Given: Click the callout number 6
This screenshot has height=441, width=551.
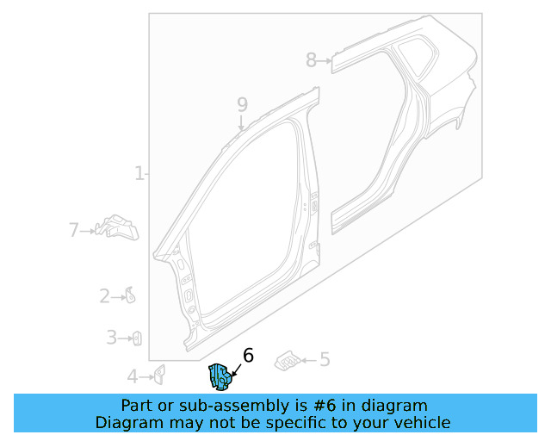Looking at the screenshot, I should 249,355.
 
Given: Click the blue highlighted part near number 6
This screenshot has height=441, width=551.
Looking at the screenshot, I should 219,376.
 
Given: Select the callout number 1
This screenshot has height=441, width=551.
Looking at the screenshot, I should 139,174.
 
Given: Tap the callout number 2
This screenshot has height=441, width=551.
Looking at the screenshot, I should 105,297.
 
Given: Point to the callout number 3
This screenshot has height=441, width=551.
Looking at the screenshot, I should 111,338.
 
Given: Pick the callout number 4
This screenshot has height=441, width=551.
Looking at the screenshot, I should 133,376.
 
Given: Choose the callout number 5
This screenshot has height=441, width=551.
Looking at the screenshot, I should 325,360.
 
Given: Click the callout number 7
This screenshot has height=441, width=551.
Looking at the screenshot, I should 74,230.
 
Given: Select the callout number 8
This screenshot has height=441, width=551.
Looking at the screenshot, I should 311,59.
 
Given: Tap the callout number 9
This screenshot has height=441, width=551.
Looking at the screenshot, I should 242,104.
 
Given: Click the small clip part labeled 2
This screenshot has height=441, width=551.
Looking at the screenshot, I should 130,296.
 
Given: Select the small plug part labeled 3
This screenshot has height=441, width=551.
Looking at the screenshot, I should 136,339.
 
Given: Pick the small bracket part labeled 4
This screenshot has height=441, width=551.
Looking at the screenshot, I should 159,374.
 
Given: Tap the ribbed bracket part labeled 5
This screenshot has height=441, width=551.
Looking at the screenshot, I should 288,361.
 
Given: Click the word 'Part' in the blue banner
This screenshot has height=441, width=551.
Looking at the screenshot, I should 138,406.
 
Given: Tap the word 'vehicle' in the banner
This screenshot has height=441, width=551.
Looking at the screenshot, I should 422,422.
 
